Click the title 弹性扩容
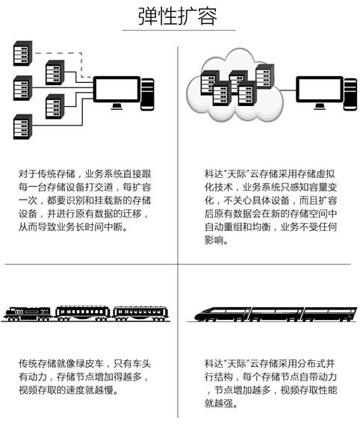[x=178, y=16]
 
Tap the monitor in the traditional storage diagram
[x=117, y=93]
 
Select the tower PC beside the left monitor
[x=147, y=94]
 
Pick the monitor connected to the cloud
[x=320, y=93]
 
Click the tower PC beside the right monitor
[x=350, y=94]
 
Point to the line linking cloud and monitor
[x=288, y=90]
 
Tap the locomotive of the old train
[x=28, y=314]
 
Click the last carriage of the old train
[x=141, y=314]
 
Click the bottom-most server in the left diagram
[x=23, y=127]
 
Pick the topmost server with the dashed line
[x=23, y=53]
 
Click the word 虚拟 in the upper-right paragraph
[x=326, y=174]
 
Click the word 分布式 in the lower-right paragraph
[x=311, y=364]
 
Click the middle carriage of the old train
[x=83, y=314]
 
